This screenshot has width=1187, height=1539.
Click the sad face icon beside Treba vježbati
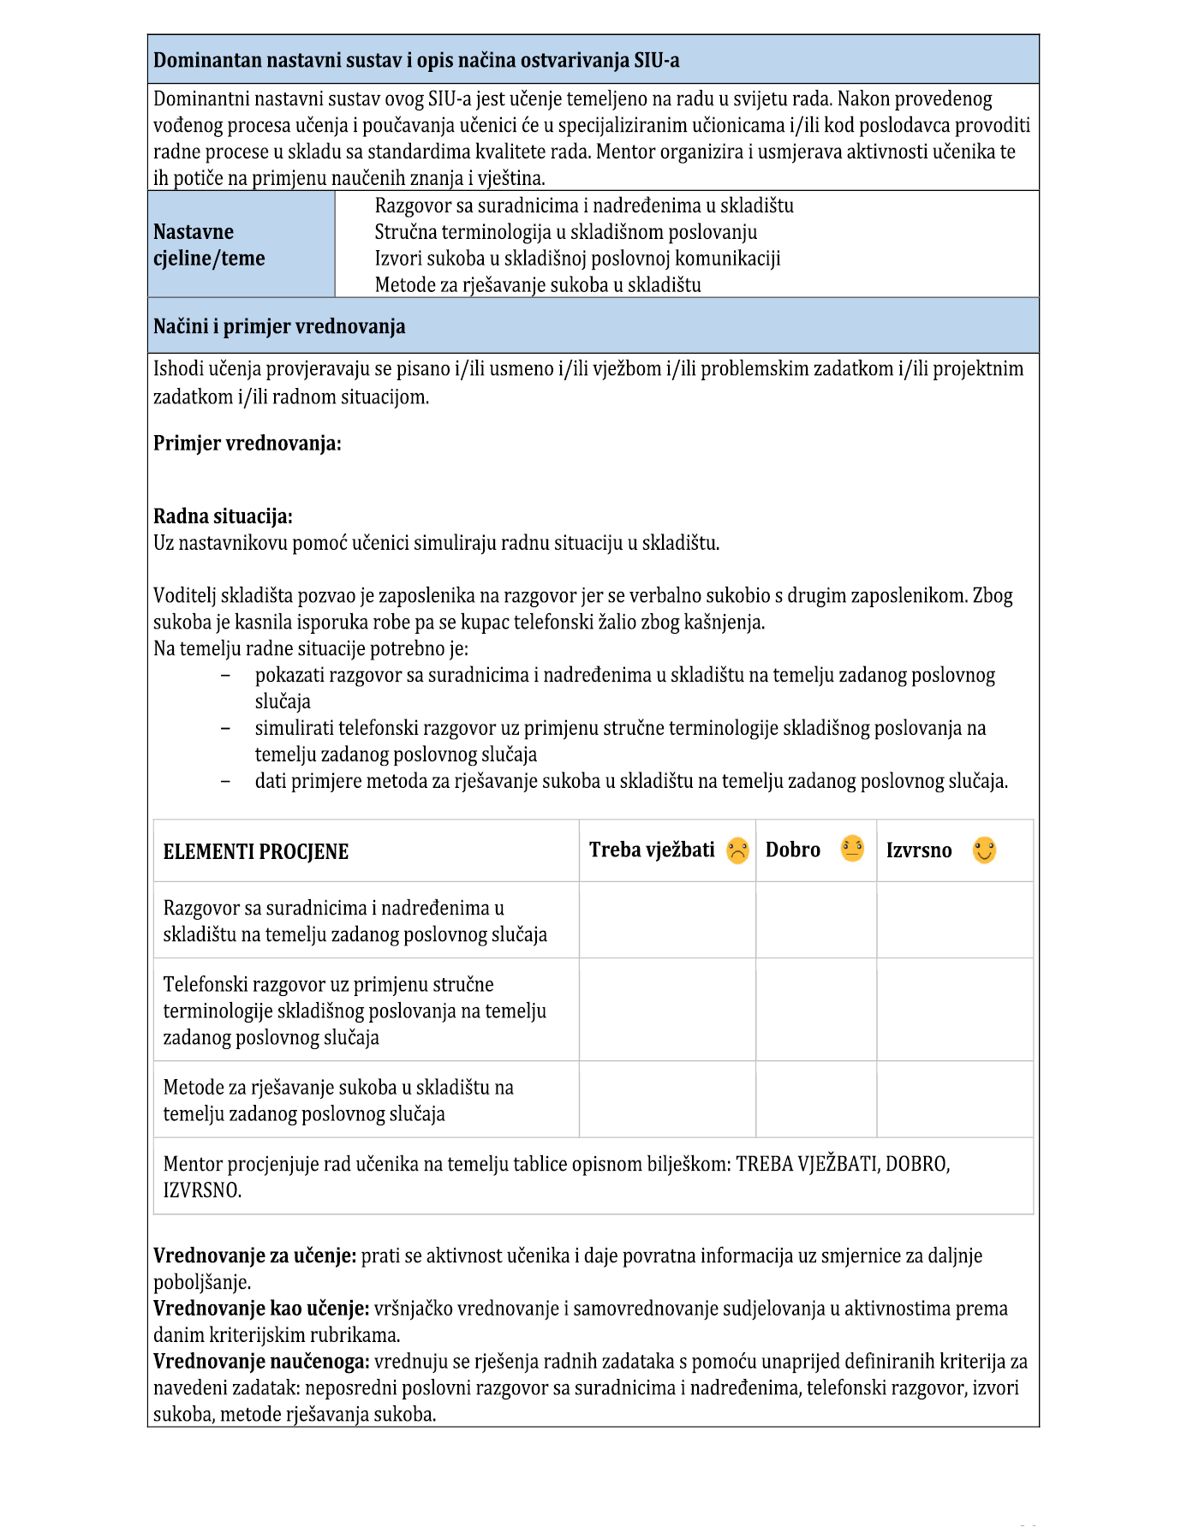737,850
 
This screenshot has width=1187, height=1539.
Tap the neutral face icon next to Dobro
852,849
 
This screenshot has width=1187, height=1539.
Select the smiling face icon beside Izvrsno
984,850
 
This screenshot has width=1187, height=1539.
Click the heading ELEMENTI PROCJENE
255,852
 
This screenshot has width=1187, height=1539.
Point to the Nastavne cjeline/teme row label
209,245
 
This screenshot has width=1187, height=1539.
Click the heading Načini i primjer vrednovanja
279,326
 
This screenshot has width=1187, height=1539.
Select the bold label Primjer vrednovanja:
247,444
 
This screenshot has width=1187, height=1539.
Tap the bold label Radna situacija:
223,516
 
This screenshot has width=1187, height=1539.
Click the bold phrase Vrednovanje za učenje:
254,1256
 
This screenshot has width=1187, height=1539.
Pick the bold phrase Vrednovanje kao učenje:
261,1309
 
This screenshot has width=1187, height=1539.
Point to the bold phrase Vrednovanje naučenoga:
261,1362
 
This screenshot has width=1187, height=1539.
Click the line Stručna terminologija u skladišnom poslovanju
565,232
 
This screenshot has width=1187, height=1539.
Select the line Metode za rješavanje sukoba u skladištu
538,285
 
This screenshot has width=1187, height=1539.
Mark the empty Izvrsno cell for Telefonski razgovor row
954,1010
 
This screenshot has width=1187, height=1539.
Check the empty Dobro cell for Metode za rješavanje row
815,1100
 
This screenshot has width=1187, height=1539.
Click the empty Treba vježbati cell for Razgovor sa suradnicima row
667,920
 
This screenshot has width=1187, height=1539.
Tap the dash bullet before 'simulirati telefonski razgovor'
225,728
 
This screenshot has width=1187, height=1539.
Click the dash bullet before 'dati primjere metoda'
225,781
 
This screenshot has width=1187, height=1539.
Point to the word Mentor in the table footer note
193,1164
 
